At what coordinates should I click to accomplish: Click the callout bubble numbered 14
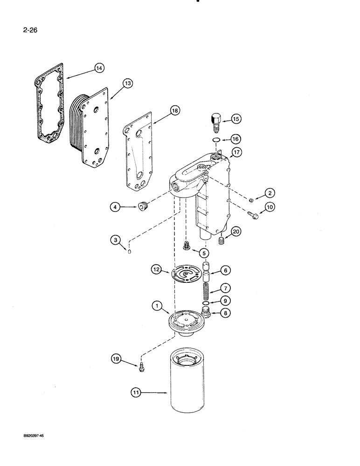(x=98, y=68)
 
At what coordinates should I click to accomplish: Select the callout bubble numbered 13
(x=127, y=83)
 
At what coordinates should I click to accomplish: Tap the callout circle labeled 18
(x=161, y=111)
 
